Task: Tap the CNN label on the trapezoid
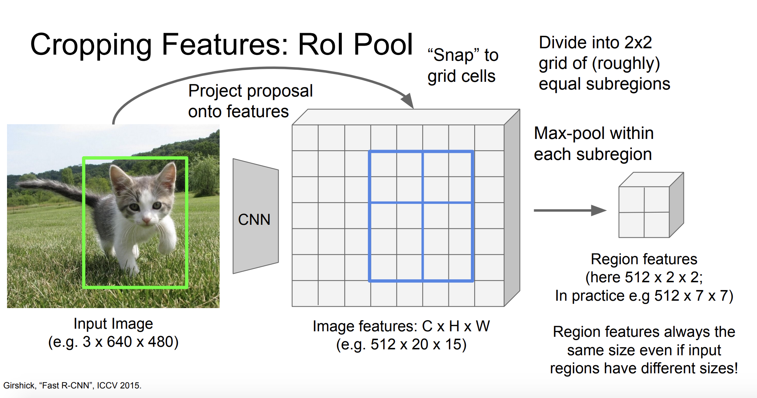pyautogui.click(x=254, y=220)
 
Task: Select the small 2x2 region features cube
pyautogui.click(x=651, y=205)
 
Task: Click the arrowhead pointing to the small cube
pyautogui.click(x=599, y=210)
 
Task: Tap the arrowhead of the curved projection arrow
pyautogui.click(x=407, y=100)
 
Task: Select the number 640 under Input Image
pyautogui.click(x=119, y=342)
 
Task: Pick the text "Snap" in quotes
pyautogui.click(x=453, y=55)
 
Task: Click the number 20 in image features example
pyautogui.click(x=420, y=345)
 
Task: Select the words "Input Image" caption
pyautogui.click(x=113, y=324)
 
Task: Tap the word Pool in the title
pyautogui.click(x=383, y=45)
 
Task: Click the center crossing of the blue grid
pyautogui.click(x=423, y=202)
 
